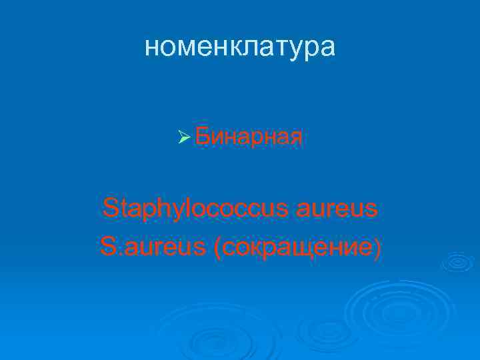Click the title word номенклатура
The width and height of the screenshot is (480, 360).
pos(240,47)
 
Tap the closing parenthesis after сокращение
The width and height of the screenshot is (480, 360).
pos(378,248)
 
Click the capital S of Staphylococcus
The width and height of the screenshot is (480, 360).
pos(110,208)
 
